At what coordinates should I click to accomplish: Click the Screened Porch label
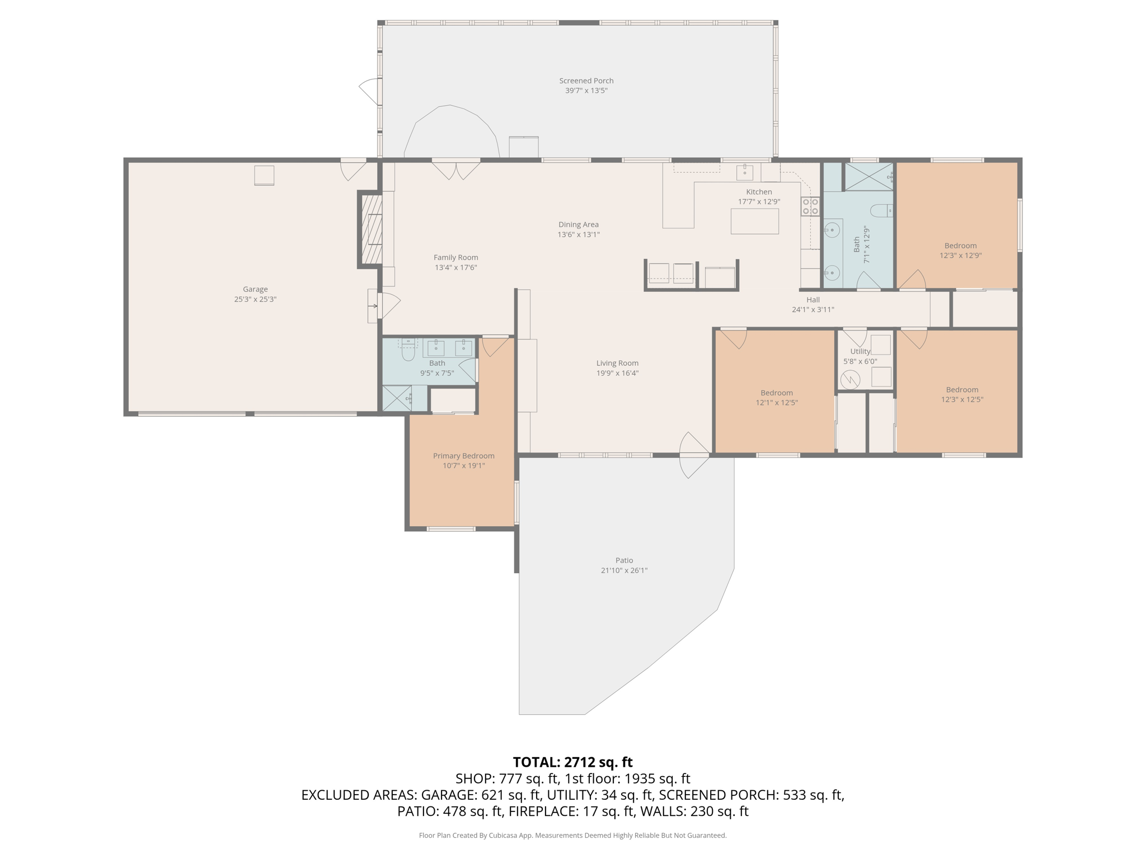[x=586, y=81]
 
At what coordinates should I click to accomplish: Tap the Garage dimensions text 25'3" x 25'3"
[x=255, y=299]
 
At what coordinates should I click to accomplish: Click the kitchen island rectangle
[x=754, y=221]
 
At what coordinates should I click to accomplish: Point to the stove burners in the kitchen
[x=810, y=206]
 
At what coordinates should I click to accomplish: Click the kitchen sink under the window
[x=744, y=172]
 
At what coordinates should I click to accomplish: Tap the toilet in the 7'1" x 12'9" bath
[x=881, y=211]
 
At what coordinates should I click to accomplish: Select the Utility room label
[x=860, y=351]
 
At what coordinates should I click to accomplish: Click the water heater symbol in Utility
[x=850, y=380]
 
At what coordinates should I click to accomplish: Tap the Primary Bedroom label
[x=463, y=456]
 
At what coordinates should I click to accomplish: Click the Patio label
[x=624, y=560]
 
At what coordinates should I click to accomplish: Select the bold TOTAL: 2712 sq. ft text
[x=572, y=762]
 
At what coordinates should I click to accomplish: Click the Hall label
[x=813, y=300]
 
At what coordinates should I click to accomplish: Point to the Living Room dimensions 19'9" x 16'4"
[x=617, y=373]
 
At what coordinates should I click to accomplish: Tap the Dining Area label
[x=578, y=224]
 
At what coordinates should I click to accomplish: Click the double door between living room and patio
[x=694, y=455]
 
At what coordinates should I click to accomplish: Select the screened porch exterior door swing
[x=369, y=91]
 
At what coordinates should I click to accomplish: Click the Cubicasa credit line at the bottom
[x=572, y=836]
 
